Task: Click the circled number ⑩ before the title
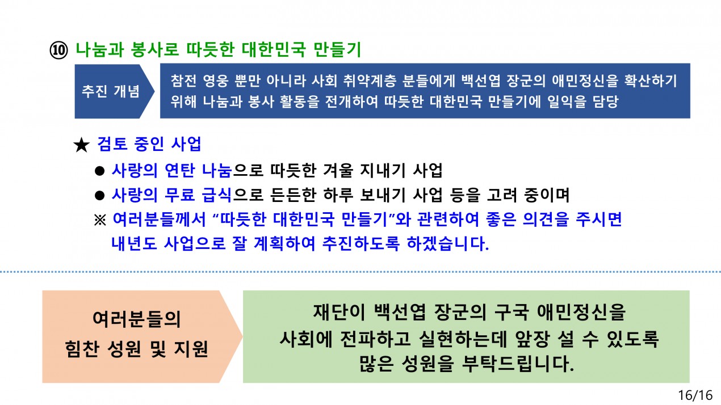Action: [58, 50]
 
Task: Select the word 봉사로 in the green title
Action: [155, 50]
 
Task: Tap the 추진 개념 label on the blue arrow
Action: [110, 91]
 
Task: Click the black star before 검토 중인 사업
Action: [81, 145]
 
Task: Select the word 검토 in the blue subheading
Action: [112, 144]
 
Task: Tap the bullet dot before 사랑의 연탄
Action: [100, 171]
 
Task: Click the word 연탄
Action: [179, 170]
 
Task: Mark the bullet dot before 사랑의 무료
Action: [100, 195]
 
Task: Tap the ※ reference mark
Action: [100, 220]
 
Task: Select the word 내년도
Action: [134, 243]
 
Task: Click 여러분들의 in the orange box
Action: [136, 319]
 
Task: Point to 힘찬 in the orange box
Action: [81, 349]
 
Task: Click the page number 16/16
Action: [695, 395]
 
